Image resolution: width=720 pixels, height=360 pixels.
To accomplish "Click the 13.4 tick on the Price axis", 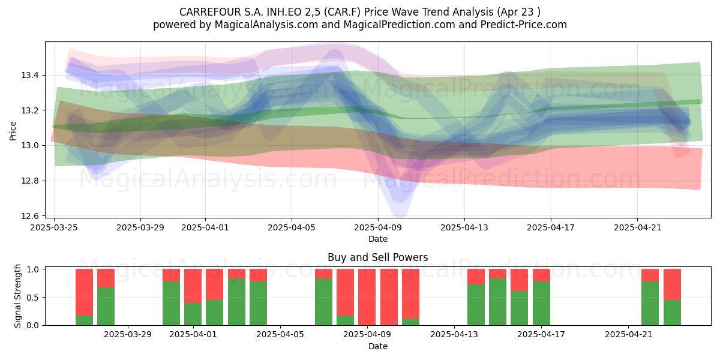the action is (x=30, y=76).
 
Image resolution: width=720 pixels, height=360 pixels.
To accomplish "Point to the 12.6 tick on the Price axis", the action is (x=30, y=216).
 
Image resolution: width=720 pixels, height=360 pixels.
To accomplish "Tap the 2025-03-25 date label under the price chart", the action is (x=54, y=228).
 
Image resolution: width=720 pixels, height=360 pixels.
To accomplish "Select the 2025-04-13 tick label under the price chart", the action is (x=464, y=228).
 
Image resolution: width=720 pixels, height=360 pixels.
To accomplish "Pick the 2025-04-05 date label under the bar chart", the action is (x=280, y=335).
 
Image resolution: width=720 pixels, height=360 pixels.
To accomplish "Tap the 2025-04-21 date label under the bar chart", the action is (x=628, y=335).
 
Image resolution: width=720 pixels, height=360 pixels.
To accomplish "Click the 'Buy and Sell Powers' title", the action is (x=377, y=257).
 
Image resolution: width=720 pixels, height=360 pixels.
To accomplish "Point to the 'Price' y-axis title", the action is (x=13, y=131).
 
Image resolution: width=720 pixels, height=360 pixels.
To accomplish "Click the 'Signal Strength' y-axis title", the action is (x=17, y=296).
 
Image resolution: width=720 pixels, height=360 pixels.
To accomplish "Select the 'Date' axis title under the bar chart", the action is (x=377, y=347).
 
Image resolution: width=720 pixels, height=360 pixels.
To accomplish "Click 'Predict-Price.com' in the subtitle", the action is (x=524, y=25).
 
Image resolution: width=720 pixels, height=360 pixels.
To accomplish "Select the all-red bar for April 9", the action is (x=367, y=297).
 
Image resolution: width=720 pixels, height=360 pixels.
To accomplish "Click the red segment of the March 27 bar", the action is (x=84, y=292).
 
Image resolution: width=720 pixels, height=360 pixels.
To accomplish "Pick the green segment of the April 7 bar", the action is (x=323, y=302).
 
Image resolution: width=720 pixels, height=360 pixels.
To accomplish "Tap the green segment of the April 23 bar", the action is (x=672, y=313).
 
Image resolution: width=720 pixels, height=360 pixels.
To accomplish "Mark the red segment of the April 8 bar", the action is (x=345, y=292).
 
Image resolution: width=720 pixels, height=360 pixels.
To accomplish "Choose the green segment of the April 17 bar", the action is (x=541, y=304).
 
